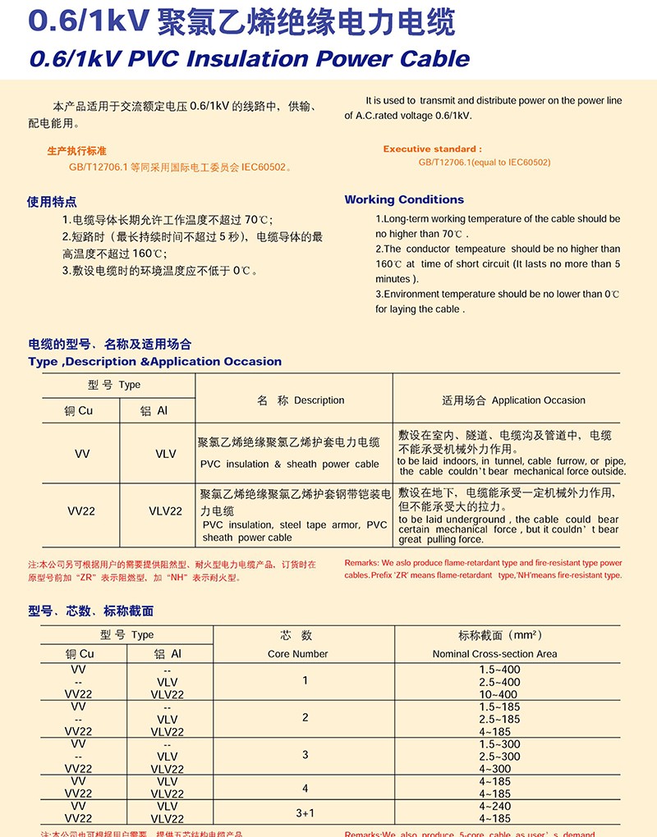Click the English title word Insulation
coord(269,59)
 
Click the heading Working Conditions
coord(404,199)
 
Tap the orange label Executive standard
coord(432,149)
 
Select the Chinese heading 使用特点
coord(52,202)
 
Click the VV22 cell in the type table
coord(81,510)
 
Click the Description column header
coord(301,400)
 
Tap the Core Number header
coord(297,654)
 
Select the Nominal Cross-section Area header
coord(494,654)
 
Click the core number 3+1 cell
coord(305,812)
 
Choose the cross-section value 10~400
coord(499,694)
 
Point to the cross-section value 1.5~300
coord(499,744)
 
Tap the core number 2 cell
coord(305,718)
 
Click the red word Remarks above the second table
coord(361,564)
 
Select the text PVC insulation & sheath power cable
coord(290,464)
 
